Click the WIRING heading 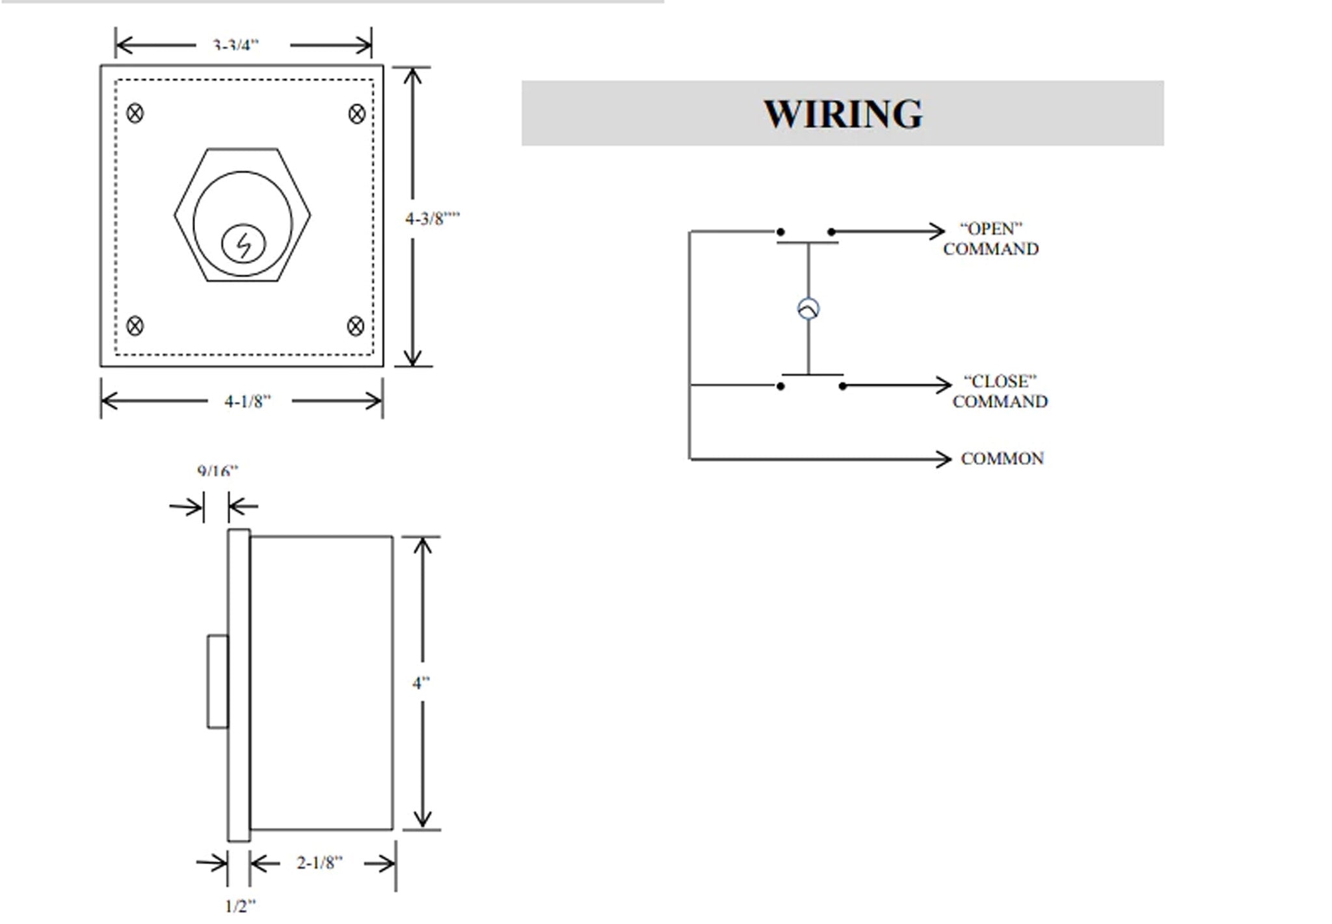pos(843,114)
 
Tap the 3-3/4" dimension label pos(235,46)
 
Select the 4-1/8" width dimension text pos(247,401)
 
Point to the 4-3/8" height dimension pos(432,218)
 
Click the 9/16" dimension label pos(218,471)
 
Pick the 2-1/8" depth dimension pos(319,863)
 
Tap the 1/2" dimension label pos(240,906)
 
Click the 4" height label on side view pos(421,683)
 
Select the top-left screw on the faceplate pos(135,113)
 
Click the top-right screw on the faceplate pos(357,114)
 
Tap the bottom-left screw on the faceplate pos(135,325)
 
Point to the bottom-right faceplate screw pos(356,326)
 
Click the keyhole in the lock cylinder pos(244,244)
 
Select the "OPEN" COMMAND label pos(991,239)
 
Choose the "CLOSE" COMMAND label pos(1000,391)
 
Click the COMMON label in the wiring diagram pos(1002,459)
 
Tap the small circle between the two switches pos(808,309)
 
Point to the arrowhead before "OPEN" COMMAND pos(937,231)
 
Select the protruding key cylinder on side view pos(218,681)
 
